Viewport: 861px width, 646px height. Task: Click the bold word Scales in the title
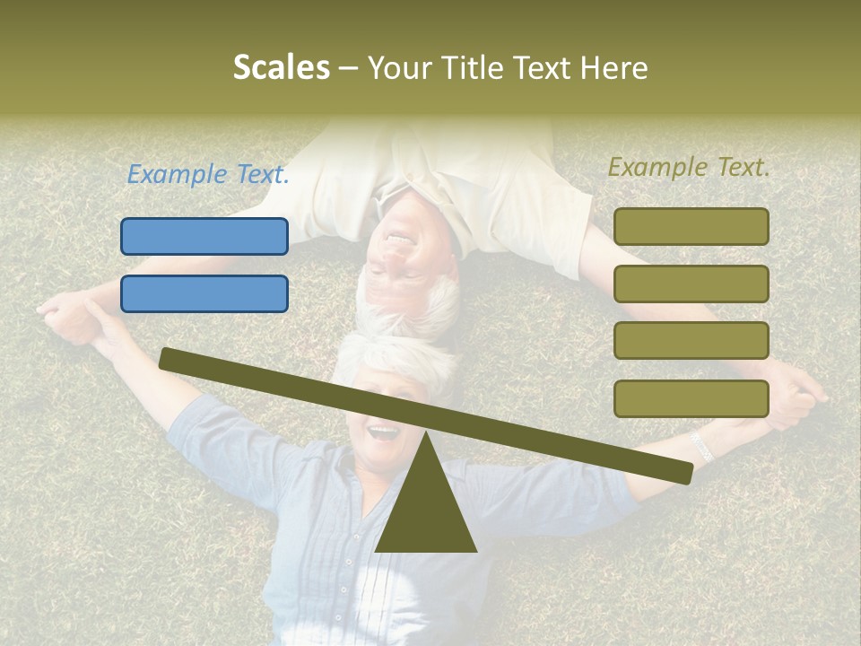pyautogui.click(x=281, y=67)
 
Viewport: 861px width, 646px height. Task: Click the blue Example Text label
pyautogui.click(x=208, y=174)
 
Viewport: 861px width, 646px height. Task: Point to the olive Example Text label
pyautogui.click(x=690, y=166)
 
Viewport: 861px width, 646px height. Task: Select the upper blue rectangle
pyautogui.click(x=204, y=236)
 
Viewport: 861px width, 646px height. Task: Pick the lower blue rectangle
pyautogui.click(x=204, y=293)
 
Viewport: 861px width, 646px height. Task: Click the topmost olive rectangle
pyautogui.click(x=691, y=226)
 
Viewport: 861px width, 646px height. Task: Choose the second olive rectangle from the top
pyautogui.click(x=691, y=284)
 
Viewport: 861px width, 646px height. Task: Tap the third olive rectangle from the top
pyautogui.click(x=691, y=341)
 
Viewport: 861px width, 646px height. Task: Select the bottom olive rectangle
pyautogui.click(x=691, y=398)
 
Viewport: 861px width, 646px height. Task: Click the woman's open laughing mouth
pyautogui.click(x=383, y=433)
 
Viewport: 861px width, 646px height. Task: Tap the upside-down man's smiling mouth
pyautogui.click(x=396, y=240)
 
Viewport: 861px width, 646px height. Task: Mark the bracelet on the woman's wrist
pyautogui.click(x=701, y=446)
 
